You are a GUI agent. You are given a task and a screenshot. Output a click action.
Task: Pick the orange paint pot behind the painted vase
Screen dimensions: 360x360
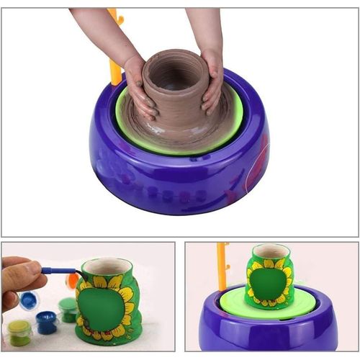(73, 280)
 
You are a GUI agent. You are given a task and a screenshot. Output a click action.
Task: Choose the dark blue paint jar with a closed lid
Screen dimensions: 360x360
(47, 321)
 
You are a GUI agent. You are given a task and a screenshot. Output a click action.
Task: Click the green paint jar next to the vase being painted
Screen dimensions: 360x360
(68, 310)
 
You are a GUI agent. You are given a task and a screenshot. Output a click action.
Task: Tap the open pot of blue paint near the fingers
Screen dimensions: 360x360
(29, 300)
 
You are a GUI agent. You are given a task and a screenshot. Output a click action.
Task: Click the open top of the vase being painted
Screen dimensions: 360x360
(107, 266)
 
